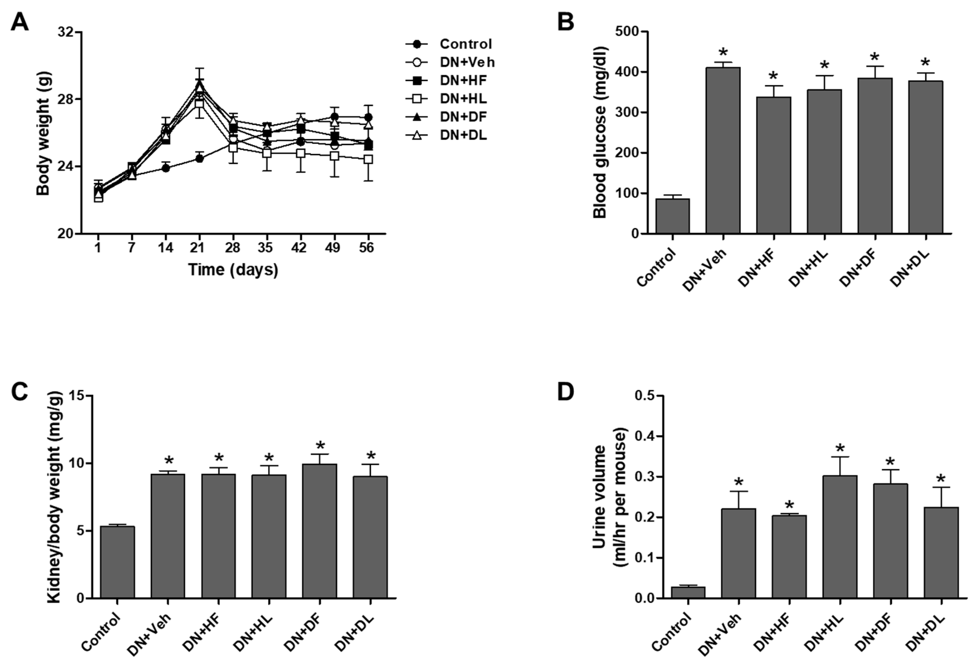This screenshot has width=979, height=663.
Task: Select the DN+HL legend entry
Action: tap(463, 98)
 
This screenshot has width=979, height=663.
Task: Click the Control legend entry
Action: tap(466, 44)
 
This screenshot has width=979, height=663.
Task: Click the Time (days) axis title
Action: tap(233, 270)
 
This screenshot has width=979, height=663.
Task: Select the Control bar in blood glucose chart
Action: tap(673, 216)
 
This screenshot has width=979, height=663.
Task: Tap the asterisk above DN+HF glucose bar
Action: tap(773, 77)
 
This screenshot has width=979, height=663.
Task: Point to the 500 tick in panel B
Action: tap(626, 32)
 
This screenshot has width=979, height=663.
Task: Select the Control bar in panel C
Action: tap(118, 562)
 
